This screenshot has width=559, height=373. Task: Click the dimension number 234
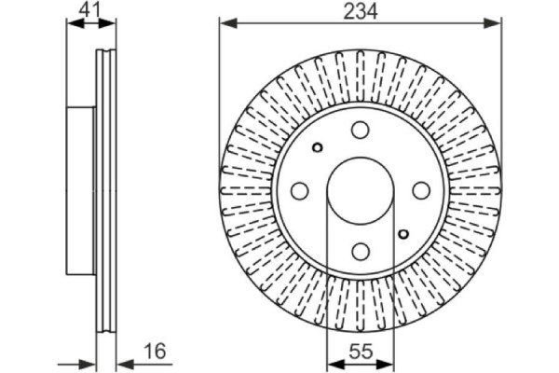tap(360, 12)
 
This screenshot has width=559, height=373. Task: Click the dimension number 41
tap(89, 9)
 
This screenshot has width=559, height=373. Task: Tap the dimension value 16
tap(155, 351)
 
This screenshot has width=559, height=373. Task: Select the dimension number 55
tap(361, 352)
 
